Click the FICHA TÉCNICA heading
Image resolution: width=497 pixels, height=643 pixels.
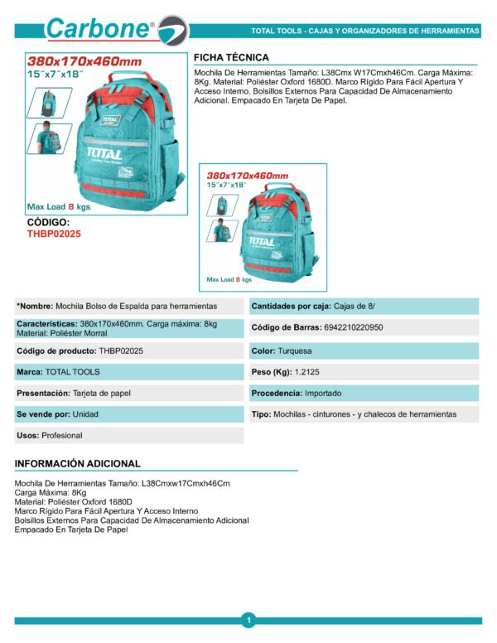click(x=231, y=57)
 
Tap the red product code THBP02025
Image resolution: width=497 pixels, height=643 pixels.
click(x=55, y=234)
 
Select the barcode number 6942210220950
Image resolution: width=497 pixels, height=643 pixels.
click(x=342, y=328)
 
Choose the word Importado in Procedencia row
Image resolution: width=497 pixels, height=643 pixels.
click(x=322, y=393)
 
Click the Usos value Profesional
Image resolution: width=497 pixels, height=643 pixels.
click(x=64, y=435)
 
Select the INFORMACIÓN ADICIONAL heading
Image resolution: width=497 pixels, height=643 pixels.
click(x=78, y=464)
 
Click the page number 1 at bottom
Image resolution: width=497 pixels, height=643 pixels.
click(x=248, y=620)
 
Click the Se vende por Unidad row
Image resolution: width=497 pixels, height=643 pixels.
click(x=55, y=413)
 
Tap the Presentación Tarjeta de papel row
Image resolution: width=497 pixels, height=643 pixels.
click(x=74, y=393)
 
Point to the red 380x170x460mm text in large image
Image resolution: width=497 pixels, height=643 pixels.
click(x=84, y=62)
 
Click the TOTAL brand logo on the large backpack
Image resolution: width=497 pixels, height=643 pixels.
click(x=103, y=154)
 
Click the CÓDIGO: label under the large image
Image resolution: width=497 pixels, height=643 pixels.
click(x=49, y=222)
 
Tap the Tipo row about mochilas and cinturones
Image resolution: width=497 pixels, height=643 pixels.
click(x=354, y=413)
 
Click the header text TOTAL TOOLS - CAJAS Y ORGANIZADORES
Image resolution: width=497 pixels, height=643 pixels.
click(x=364, y=31)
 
